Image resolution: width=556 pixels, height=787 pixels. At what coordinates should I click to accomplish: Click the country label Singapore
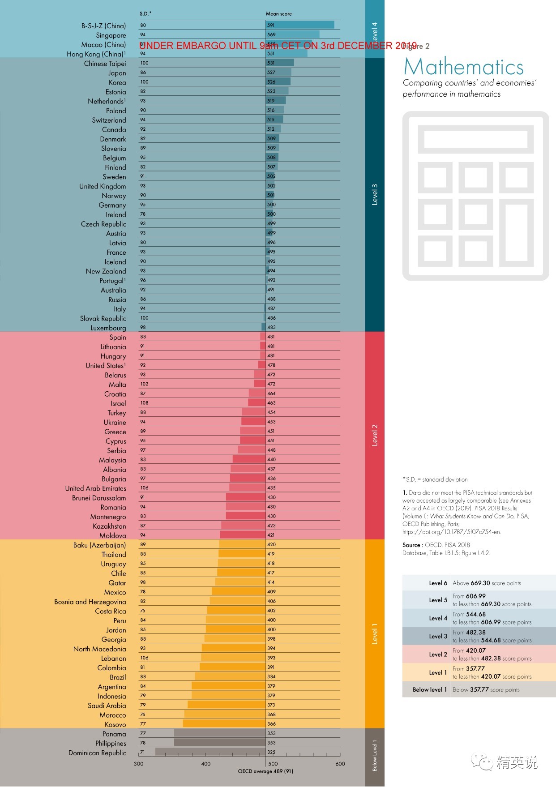111,35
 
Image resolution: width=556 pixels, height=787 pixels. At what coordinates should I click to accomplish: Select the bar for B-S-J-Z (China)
300,25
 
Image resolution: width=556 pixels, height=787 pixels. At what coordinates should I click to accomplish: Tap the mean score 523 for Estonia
271,91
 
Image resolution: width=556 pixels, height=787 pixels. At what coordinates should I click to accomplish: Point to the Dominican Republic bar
210,752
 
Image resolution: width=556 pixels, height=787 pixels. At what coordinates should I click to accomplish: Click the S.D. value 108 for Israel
144,403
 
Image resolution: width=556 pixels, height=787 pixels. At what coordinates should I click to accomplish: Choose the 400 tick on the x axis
206,764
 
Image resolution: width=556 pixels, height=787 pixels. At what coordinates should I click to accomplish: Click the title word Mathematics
464,67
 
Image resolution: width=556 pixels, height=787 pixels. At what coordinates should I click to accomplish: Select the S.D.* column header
145,14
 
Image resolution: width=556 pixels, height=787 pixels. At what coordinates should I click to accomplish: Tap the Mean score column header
278,14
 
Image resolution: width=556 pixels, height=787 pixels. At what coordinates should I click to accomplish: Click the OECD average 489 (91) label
265,771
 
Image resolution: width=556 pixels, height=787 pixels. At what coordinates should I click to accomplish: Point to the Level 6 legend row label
438,583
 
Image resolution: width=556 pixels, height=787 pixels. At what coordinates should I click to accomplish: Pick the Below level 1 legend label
429,689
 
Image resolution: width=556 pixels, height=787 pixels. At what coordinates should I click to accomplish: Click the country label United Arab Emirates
95,488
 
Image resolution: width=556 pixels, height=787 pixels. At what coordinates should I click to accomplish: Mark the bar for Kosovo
224,724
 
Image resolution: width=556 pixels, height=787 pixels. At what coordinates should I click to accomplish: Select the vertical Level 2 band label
375,435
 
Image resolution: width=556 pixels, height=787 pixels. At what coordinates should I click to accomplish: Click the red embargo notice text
278,46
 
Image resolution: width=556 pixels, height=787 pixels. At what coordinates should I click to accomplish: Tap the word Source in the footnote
411,545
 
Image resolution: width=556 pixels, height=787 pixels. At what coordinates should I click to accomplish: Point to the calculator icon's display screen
475,140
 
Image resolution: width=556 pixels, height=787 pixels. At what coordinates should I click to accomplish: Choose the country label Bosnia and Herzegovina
90,602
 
